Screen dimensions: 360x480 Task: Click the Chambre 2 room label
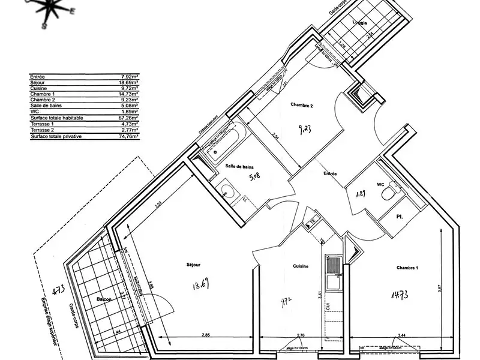302,105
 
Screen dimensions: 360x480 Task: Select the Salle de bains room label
238,166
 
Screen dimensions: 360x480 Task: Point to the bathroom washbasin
227,191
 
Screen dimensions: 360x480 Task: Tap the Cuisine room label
301,266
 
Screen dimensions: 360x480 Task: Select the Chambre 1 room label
407,267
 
